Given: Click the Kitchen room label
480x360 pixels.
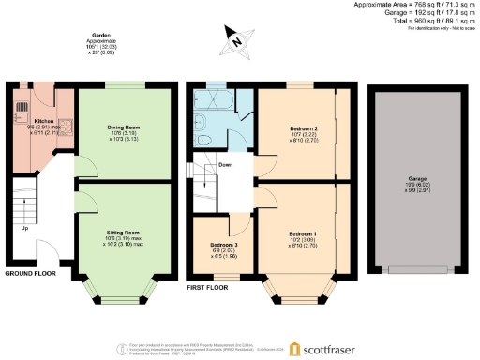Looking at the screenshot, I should pos(44,121).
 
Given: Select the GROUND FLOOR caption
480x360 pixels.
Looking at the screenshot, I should pos(30,273).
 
